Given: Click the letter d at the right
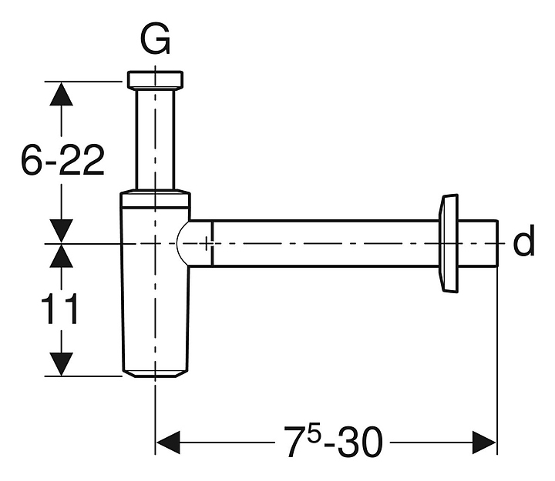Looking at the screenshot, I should pos(523,243).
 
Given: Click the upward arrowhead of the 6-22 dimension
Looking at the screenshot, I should pos(61,94).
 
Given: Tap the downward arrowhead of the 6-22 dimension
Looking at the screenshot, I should pos(61,230).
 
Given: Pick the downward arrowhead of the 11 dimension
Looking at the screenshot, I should pos(61,363).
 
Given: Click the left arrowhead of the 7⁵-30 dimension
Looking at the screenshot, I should pos(168,443).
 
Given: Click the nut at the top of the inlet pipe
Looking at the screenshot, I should pos(156,80).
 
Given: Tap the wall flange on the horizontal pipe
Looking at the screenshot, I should pos(448,243).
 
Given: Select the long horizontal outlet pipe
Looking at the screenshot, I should pos(324,243).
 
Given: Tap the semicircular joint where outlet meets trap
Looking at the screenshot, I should pos(187,243).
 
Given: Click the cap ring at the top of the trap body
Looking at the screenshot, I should pos(156,199).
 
